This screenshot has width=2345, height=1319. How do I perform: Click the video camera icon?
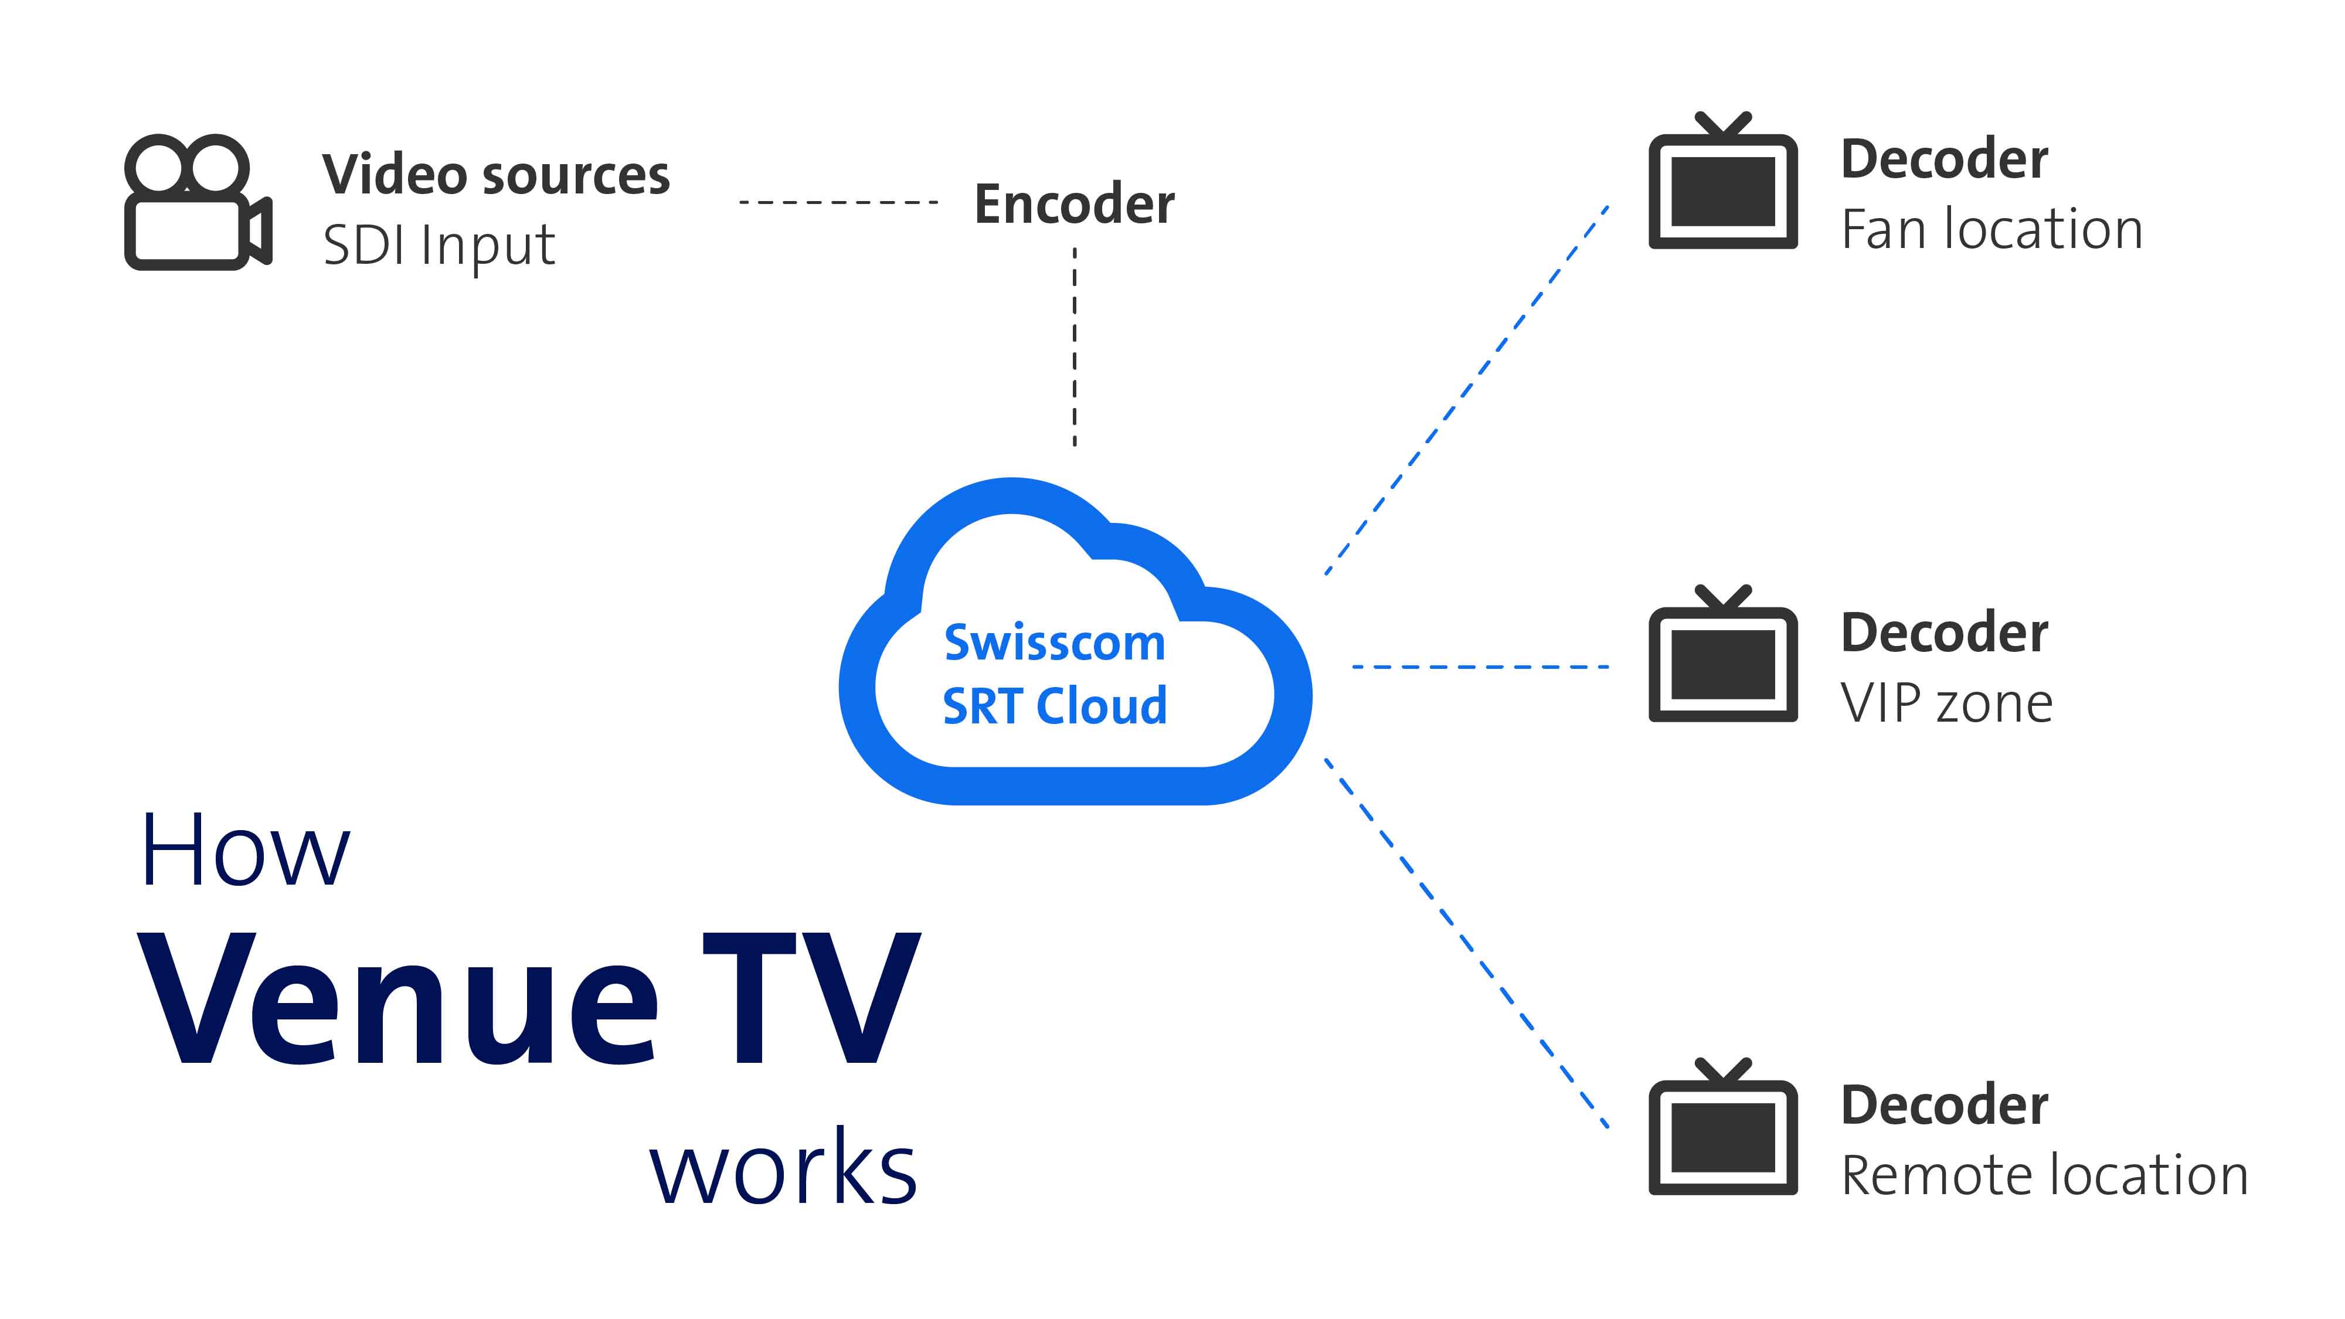[196, 202]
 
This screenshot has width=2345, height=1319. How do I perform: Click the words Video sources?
[496, 175]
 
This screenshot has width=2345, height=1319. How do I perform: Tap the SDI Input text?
[439, 245]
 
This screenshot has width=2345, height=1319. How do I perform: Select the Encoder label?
[1074, 204]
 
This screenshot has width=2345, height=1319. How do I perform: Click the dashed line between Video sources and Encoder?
[838, 202]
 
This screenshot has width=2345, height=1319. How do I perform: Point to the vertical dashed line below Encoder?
[1075, 346]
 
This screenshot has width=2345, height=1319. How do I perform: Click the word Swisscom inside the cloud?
[1054, 642]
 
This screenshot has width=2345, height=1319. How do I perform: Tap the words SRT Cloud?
[1054, 706]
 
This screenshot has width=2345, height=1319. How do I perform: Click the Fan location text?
[1992, 229]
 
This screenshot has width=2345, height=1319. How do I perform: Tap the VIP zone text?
[1946, 703]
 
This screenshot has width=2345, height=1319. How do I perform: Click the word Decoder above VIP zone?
[1945, 633]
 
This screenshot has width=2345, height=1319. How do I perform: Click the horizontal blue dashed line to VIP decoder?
[1480, 667]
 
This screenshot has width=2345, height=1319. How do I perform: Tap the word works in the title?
[783, 1168]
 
